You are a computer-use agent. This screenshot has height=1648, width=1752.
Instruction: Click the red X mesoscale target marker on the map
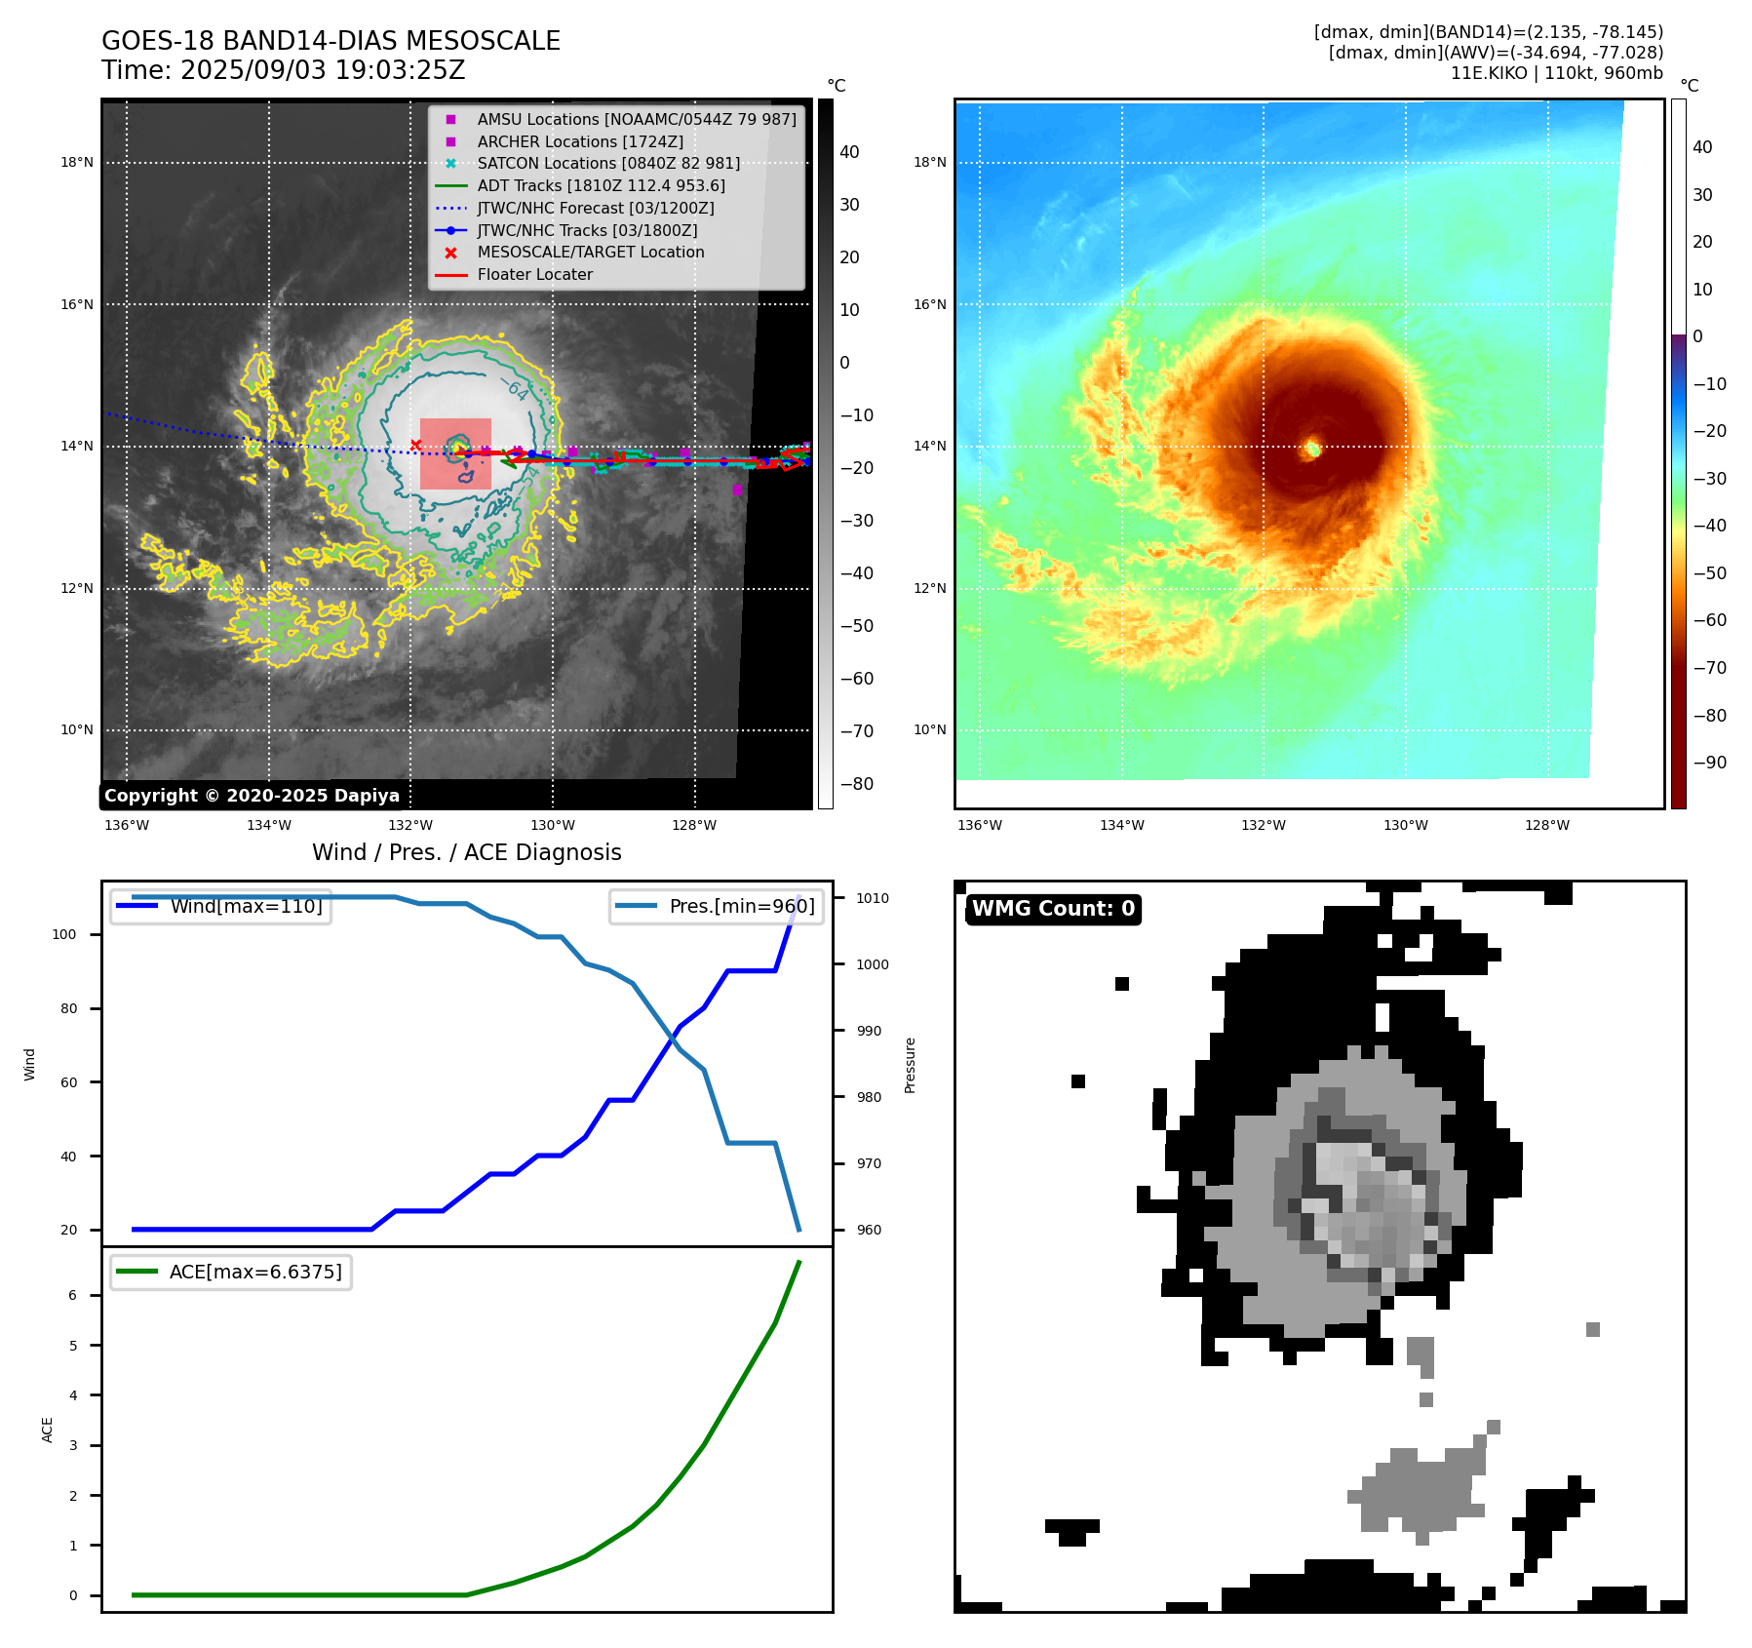(415, 446)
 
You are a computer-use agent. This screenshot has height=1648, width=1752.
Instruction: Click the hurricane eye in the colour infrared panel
(1312, 449)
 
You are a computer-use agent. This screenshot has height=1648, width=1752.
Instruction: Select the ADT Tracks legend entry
(601, 185)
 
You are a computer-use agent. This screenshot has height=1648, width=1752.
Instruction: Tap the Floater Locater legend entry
(534, 274)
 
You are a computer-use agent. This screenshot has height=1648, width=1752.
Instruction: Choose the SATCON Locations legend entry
(608, 163)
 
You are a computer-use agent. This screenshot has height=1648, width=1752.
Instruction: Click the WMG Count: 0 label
(1053, 909)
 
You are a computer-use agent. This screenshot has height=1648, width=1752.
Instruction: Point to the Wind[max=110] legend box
(220, 906)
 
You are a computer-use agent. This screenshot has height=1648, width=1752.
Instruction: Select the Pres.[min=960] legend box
(716, 906)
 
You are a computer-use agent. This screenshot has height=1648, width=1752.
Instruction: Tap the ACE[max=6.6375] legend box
(231, 1272)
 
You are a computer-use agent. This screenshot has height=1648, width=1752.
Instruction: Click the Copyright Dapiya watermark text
(252, 796)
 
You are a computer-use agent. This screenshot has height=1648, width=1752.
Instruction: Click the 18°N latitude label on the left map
(77, 162)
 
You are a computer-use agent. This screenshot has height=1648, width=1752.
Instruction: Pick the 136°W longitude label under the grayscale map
(127, 825)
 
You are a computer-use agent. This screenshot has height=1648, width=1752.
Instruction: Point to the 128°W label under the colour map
(1547, 825)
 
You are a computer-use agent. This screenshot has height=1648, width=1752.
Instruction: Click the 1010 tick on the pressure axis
(873, 898)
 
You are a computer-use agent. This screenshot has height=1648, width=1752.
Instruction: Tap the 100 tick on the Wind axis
(64, 934)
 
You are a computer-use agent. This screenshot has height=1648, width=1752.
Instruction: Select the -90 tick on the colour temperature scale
(1709, 763)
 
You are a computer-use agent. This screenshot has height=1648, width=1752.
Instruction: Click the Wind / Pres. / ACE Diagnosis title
(466, 852)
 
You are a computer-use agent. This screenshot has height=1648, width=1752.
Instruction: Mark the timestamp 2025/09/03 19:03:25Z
(323, 71)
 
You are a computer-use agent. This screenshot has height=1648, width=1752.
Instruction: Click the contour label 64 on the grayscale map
(518, 391)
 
